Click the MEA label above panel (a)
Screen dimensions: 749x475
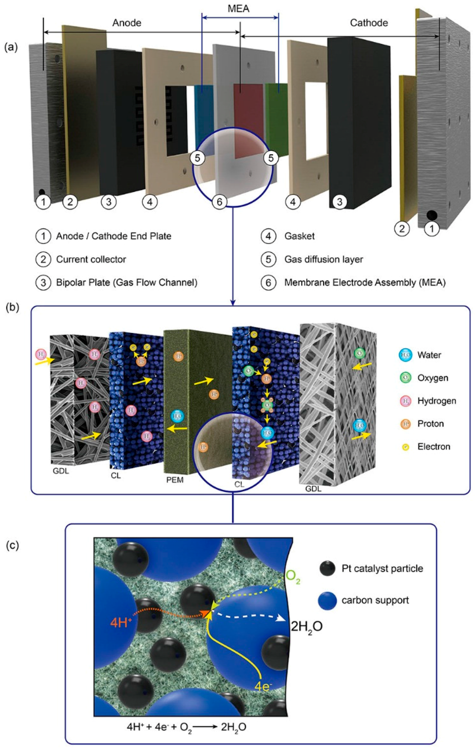[x=238, y=8]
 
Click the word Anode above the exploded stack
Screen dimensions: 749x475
[x=127, y=23]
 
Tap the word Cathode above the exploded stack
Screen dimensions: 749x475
[x=369, y=23]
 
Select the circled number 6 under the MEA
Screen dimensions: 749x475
[x=219, y=202]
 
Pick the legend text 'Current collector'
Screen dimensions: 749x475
[x=91, y=259]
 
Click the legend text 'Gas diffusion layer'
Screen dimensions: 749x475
[x=323, y=259]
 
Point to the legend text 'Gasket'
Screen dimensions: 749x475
[x=299, y=236]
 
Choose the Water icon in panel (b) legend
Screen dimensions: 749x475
[x=405, y=355]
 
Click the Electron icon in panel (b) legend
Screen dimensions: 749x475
[x=405, y=447]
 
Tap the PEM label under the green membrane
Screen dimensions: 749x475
[x=175, y=480]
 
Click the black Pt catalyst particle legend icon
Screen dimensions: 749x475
[x=327, y=568]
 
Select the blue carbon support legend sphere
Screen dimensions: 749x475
[x=327, y=601]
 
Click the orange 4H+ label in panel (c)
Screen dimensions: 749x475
[x=121, y=622]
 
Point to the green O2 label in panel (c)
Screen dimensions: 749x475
[x=293, y=576]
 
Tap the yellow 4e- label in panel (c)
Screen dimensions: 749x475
[x=263, y=686]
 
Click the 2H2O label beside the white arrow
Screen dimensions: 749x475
[x=306, y=627]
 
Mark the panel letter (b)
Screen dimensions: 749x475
[x=12, y=307]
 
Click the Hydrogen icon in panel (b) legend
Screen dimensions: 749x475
[x=405, y=401]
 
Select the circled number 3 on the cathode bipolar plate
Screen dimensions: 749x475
[x=340, y=202]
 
